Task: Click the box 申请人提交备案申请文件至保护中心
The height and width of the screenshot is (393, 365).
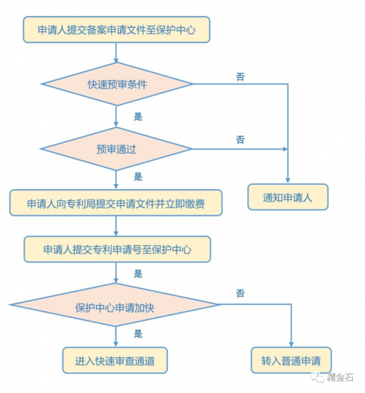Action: click(x=116, y=31)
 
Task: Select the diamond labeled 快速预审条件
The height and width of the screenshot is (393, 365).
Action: click(x=116, y=84)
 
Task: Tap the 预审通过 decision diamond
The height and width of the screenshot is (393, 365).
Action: click(x=116, y=149)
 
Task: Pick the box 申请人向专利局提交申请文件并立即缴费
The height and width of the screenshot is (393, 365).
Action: click(x=116, y=204)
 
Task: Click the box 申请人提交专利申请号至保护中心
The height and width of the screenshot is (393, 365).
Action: click(x=116, y=250)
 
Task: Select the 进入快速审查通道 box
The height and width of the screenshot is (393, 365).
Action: click(x=116, y=359)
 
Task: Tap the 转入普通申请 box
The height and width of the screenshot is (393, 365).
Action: click(x=292, y=359)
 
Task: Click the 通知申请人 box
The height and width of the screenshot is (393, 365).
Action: click(x=289, y=196)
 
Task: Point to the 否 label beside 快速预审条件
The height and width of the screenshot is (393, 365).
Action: click(x=241, y=76)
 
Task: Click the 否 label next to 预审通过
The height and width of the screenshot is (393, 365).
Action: click(x=241, y=139)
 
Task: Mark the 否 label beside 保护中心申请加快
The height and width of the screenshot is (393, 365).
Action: click(x=241, y=293)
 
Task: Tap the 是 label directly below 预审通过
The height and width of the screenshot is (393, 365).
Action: click(x=138, y=177)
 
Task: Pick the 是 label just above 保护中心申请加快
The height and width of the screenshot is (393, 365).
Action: click(x=138, y=274)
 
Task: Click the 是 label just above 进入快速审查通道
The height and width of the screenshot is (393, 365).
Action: click(x=138, y=333)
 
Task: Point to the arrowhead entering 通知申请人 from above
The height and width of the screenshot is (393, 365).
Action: click(x=289, y=181)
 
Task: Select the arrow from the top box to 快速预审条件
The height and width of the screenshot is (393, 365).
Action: click(x=116, y=55)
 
